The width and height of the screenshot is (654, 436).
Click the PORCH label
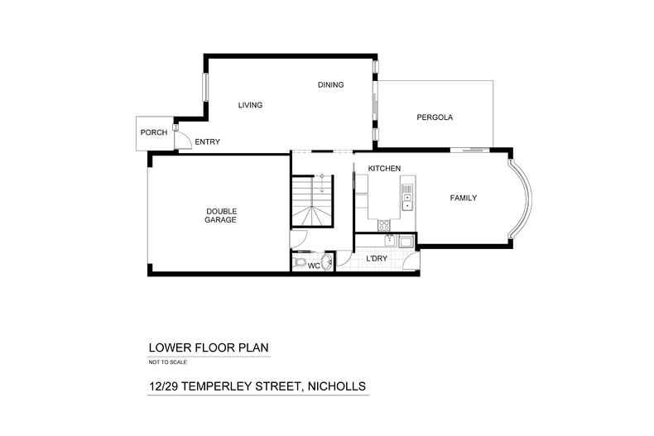tap(154, 132)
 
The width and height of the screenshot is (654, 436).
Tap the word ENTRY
tap(207, 142)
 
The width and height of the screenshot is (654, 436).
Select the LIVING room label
tap(250, 105)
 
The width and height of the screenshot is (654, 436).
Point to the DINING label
tap(331, 85)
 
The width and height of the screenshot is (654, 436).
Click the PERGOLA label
tap(435, 117)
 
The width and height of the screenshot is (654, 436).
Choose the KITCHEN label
tap(384, 169)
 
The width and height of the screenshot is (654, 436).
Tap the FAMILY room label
tap(464, 198)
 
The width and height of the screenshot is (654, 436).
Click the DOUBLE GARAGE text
tap(221, 215)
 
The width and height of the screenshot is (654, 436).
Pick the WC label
tap(314, 266)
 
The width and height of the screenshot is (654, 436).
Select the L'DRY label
tap(377, 259)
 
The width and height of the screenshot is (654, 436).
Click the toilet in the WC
tap(299, 262)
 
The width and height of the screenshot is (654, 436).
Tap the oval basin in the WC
tap(329, 261)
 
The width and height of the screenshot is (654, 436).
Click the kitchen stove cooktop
tap(384, 226)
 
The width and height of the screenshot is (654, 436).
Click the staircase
tap(312, 201)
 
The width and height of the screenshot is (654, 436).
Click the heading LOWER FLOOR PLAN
tap(209, 347)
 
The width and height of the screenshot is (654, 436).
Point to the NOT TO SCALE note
tap(168, 362)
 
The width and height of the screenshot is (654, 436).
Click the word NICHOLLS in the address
tap(337, 386)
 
